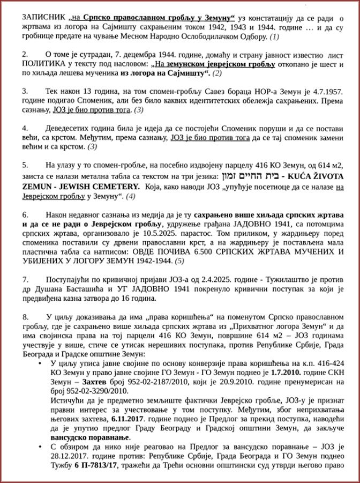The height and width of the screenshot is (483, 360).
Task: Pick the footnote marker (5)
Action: pos(179,261)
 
